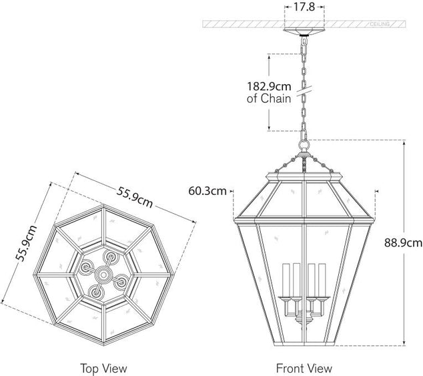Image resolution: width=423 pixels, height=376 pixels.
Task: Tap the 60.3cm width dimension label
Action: click(x=207, y=191)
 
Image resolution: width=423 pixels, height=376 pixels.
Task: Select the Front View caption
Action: click(x=304, y=368)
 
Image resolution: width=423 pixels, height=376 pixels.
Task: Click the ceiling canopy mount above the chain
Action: click(x=305, y=32)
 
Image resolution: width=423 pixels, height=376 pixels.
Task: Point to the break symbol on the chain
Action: click(x=305, y=87)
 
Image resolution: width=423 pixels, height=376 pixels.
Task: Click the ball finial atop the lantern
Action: click(x=305, y=144)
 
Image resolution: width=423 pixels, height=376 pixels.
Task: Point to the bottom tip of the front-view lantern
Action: click(x=305, y=345)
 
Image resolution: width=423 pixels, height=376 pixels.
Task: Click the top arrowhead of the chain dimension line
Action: click(x=269, y=55)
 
